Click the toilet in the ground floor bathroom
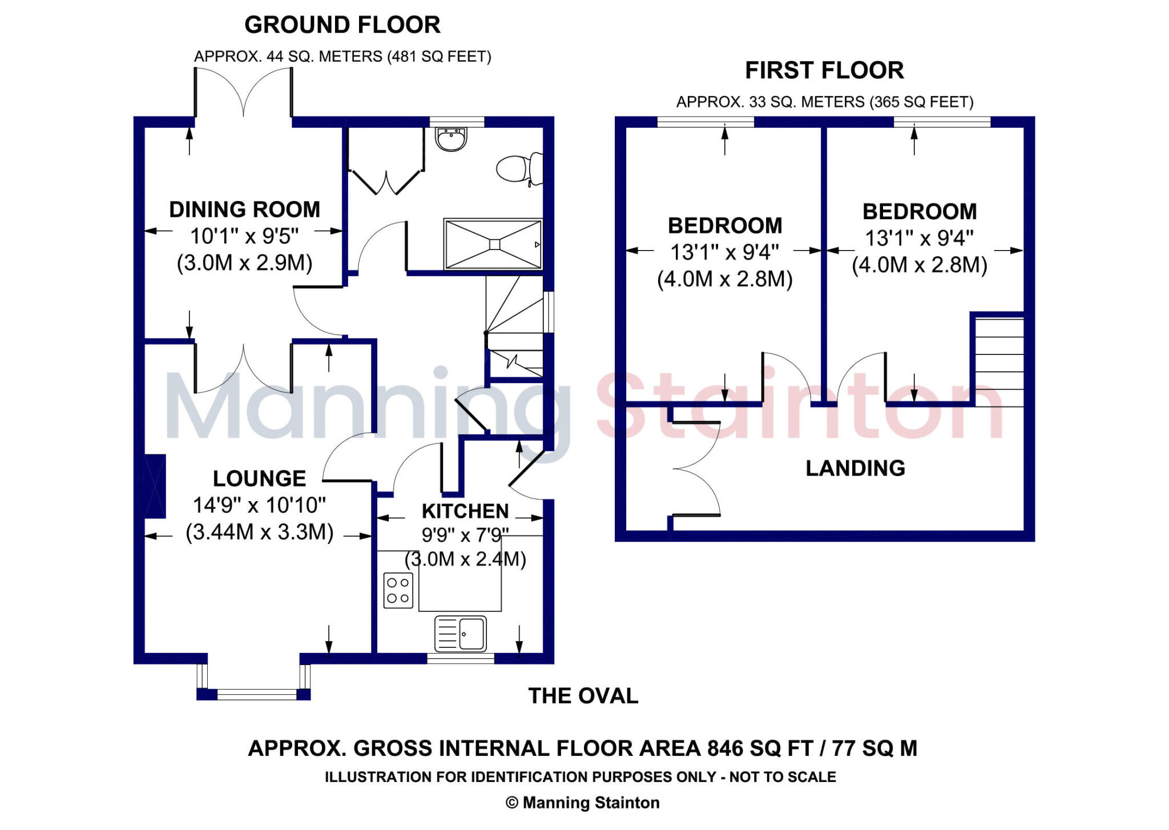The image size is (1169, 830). [x=518, y=168]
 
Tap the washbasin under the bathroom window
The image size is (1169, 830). [x=452, y=139]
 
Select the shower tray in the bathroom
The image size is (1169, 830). [x=493, y=244]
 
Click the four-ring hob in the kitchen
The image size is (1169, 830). [x=398, y=590]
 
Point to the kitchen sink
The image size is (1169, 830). [x=461, y=634]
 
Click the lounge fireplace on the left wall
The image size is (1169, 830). [x=155, y=486]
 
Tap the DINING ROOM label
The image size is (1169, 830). [x=244, y=209]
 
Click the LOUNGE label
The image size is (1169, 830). [x=259, y=478]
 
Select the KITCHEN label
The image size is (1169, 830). [x=465, y=511]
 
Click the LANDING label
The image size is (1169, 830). [x=855, y=468]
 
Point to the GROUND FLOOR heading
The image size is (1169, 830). [x=342, y=25]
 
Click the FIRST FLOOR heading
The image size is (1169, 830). [x=824, y=70]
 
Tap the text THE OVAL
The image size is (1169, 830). [x=583, y=696]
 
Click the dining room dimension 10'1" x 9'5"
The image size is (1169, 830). [x=244, y=236]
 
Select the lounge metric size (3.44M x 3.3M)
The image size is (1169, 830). [x=259, y=532]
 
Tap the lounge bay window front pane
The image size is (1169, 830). [x=256, y=694]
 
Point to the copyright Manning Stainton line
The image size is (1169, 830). [x=583, y=803]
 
